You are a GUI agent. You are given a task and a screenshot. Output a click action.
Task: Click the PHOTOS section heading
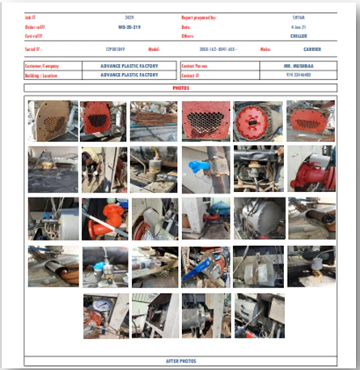[180, 87]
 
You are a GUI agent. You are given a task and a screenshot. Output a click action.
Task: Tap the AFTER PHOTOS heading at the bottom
[180, 361]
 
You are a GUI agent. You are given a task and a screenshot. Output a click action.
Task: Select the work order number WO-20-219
[129, 27]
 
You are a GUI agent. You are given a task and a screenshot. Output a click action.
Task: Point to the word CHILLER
[299, 36]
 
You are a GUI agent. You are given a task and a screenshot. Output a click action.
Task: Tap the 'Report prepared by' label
[199, 16]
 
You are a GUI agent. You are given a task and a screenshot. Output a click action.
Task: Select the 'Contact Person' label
[197, 64]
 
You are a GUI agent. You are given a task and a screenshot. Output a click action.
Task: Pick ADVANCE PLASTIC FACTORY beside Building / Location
[129, 74]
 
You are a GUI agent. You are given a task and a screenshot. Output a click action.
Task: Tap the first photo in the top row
[53, 121]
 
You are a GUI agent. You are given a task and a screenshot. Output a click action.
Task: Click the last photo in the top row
[311, 121]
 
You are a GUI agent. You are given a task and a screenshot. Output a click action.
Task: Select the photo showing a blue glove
[205, 168]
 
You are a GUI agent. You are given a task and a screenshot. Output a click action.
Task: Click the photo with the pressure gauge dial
[106, 315]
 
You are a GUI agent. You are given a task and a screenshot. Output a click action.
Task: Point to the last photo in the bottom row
[259, 315]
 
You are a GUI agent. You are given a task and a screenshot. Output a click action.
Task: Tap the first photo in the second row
[53, 168]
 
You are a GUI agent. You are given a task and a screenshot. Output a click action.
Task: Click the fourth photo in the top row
[205, 121]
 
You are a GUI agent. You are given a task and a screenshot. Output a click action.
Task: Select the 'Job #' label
[32, 16]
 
